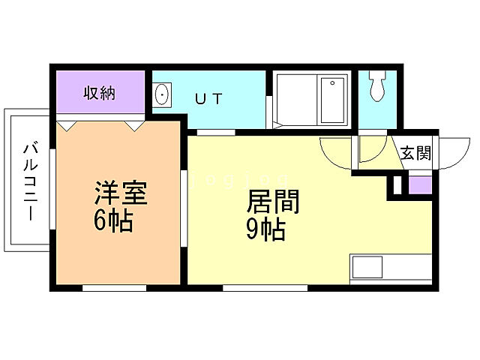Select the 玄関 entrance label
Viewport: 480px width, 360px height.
pyautogui.click(x=415, y=153)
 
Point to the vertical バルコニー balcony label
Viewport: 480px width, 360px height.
pyautogui.click(x=30, y=180)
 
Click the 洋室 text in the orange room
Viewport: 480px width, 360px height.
pyautogui.click(x=119, y=193)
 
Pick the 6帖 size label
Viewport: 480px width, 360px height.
pyautogui.click(x=113, y=221)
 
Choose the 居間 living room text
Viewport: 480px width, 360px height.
pyautogui.click(x=274, y=202)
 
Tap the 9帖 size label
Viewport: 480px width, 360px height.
pyautogui.click(x=265, y=230)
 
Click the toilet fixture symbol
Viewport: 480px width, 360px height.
pyautogui.click(x=376, y=85)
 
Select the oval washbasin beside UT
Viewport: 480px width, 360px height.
pyautogui.click(x=161, y=95)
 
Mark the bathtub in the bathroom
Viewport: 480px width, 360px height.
pyautogui.click(x=331, y=101)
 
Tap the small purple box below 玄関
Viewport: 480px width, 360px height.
pyautogui.click(x=419, y=185)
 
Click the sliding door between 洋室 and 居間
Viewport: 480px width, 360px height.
pyautogui.click(x=184, y=207)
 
